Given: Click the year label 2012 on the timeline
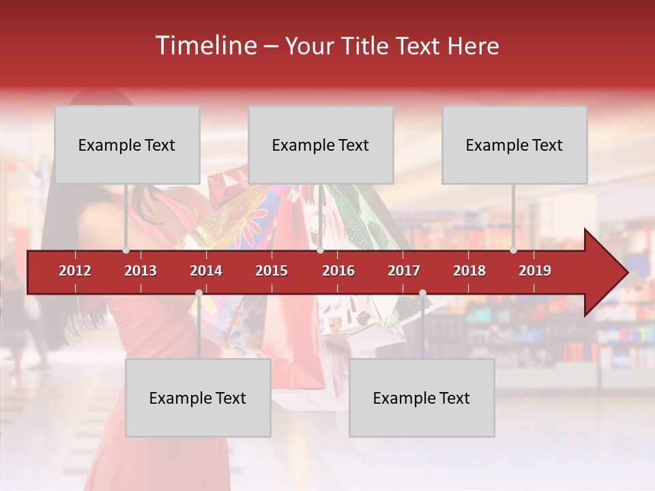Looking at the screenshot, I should click(75, 271).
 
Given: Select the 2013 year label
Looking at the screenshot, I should click(141, 271).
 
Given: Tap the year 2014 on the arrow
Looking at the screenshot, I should click(206, 271).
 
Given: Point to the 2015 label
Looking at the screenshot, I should click(272, 271).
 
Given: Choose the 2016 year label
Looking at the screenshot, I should click(338, 271).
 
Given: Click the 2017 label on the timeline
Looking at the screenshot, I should click(404, 271).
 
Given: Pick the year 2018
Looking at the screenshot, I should click(469, 271).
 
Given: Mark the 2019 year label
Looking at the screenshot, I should click(535, 271).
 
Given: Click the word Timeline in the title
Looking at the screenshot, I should click(205, 46).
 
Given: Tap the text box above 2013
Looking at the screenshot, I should click(127, 145).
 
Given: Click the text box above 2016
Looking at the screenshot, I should click(321, 145).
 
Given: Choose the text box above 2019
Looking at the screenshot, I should click(514, 145).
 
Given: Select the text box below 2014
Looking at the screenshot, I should click(198, 398).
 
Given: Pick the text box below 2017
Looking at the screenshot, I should click(422, 398).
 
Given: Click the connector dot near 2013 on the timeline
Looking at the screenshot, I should click(126, 250).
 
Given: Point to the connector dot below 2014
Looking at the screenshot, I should click(199, 293).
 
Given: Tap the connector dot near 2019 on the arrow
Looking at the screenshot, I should click(513, 250).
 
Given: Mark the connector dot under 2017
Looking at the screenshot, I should click(422, 293).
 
